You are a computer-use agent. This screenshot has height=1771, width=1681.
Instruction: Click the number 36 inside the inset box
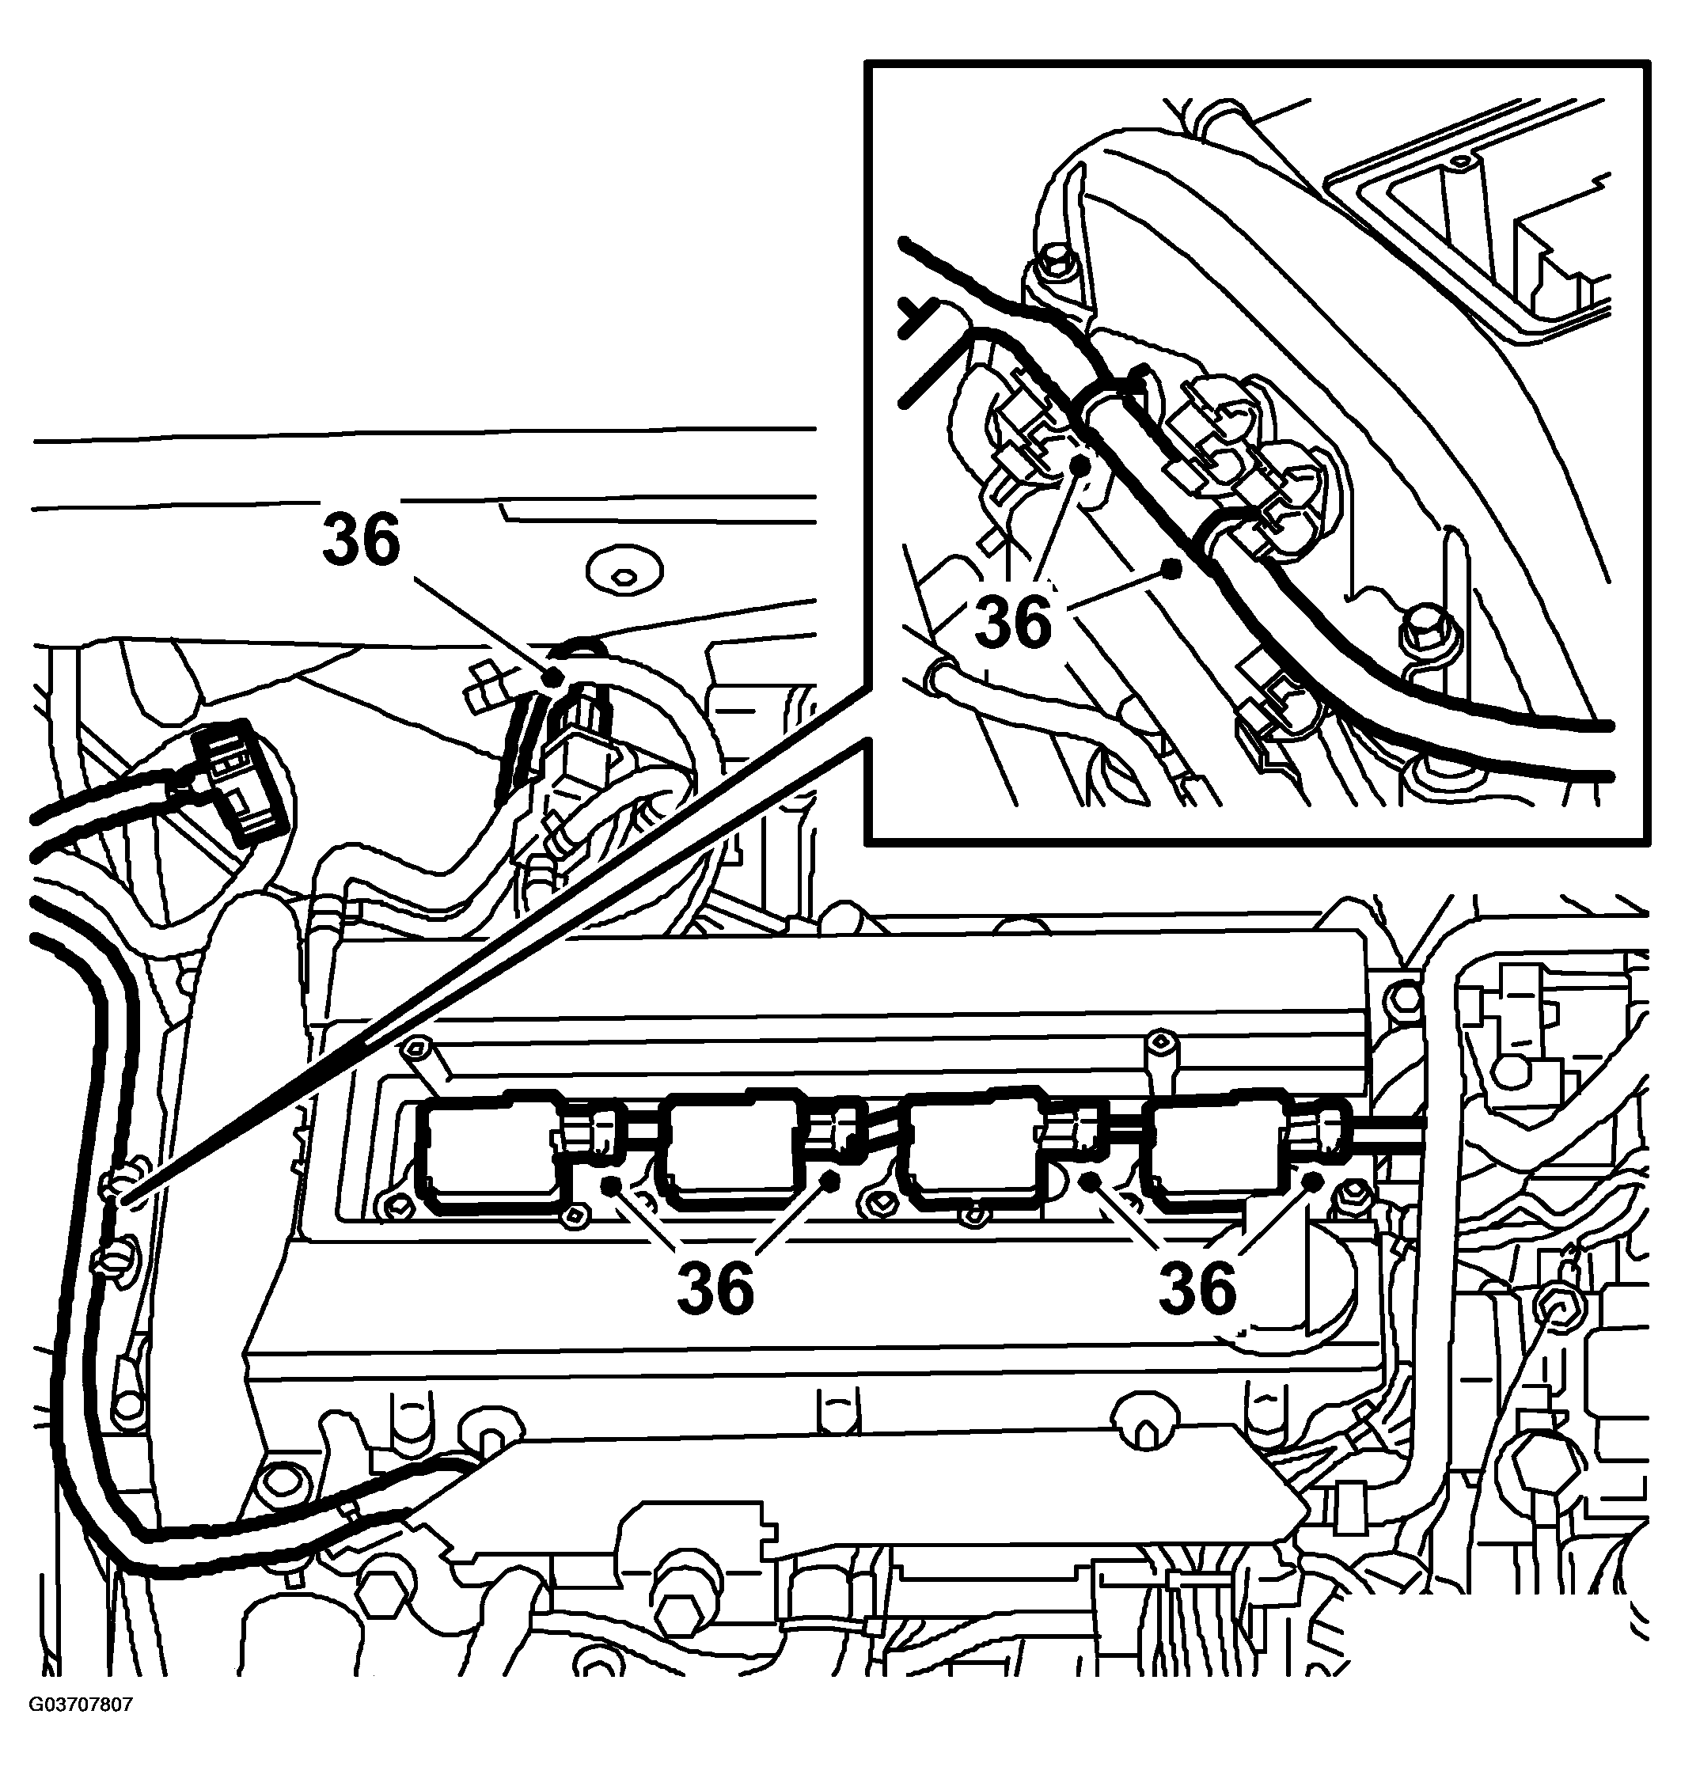[1014, 622]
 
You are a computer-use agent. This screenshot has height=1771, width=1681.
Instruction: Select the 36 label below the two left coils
[715, 1288]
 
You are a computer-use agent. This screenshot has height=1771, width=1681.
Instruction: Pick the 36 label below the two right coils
[1197, 1288]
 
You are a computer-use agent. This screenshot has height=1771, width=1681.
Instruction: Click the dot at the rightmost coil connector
[1315, 1181]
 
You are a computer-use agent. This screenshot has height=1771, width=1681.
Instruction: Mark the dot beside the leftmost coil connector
[611, 1186]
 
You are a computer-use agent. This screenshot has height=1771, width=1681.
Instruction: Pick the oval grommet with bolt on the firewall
[622, 571]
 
